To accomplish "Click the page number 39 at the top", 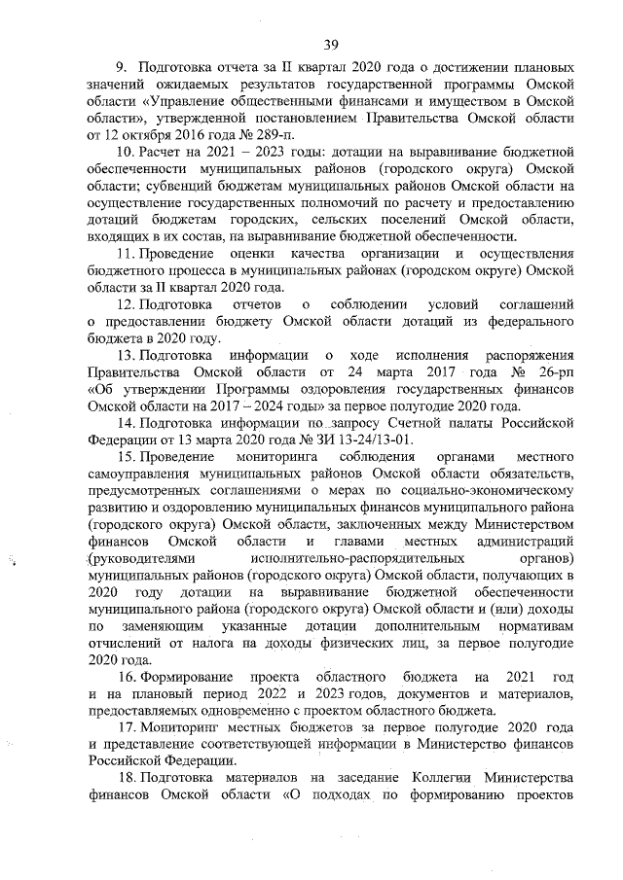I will click(x=330, y=44).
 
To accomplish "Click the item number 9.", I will click(x=122, y=68).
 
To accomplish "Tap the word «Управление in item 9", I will click(x=191, y=101).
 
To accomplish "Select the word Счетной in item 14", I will click(x=415, y=423).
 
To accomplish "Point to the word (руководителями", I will click(x=142, y=558).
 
